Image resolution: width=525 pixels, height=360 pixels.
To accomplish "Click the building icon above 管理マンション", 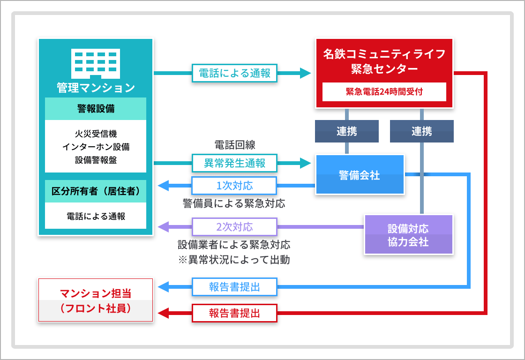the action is tap(96, 64).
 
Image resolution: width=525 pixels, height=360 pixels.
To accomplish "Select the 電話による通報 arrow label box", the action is tap(234, 73).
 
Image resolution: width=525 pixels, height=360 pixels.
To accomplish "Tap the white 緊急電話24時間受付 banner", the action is tap(384, 92).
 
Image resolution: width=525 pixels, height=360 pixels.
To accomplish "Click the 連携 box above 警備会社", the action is tap(347, 131).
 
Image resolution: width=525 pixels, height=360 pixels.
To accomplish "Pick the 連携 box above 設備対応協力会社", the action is tap(422, 131).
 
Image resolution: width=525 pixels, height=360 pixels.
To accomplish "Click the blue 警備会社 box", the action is tap(360, 174).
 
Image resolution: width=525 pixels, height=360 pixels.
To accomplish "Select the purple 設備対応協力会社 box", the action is tap(408, 235).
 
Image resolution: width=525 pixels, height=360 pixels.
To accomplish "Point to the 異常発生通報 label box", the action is tap(234, 163).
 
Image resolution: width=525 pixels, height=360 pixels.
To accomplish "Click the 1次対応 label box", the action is tap(234, 186).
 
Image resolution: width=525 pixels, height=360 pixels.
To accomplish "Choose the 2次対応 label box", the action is tap(234, 227).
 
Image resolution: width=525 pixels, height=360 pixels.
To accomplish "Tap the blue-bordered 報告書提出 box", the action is tap(234, 287).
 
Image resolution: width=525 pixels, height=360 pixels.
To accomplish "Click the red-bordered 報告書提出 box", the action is tap(234, 313).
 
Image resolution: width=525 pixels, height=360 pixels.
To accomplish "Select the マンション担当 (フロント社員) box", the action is tap(96, 300).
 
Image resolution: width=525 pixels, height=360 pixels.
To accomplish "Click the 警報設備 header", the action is tap(96, 109).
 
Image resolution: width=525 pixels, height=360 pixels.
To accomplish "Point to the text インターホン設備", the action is tap(96, 147).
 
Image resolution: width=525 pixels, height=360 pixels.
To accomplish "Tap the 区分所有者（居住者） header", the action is tap(96, 191).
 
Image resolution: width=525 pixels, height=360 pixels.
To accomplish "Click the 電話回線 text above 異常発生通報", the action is tap(235, 145).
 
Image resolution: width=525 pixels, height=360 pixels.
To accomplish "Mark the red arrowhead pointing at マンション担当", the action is tap(164, 314).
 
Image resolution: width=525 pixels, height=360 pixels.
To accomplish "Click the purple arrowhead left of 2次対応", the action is tap(164, 227).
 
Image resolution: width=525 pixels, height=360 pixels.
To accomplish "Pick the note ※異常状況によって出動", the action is tap(234, 260).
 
